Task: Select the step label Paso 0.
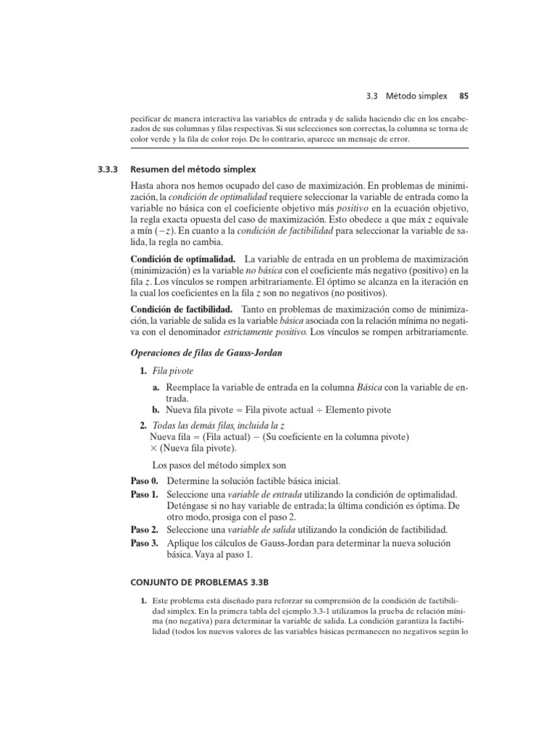tap(144, 482)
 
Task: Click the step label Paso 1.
tap(144, 494)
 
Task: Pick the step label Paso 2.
tap(144, 529)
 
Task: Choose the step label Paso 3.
tap(144, 543)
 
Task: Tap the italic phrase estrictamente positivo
tap(269, 332)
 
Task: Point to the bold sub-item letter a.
tap(156, 388)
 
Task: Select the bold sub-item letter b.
tap(156, 410)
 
